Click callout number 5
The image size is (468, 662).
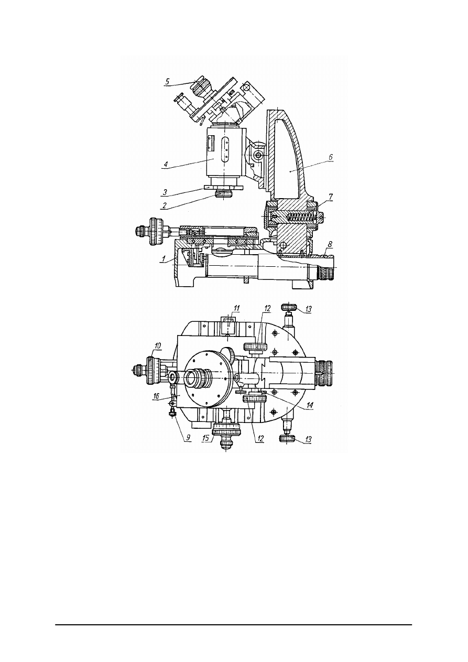168,81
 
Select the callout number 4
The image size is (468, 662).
166,164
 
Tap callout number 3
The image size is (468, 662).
165,192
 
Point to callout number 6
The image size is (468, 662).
331,157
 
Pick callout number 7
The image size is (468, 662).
331,197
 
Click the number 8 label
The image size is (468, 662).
330,244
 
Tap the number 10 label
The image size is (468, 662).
157,345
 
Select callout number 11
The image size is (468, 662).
236,308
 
